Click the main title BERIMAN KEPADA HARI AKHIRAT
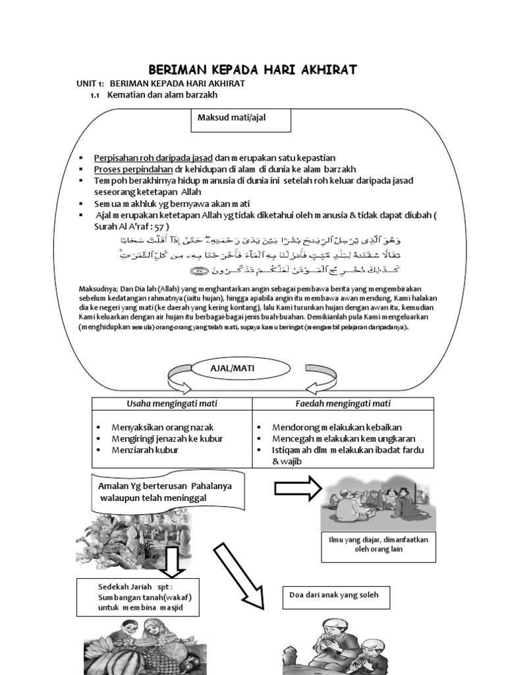click(252, 69)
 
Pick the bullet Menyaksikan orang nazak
click(162, 427)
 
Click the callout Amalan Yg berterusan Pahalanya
click(162, 491)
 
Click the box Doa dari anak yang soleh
click(334, 596)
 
